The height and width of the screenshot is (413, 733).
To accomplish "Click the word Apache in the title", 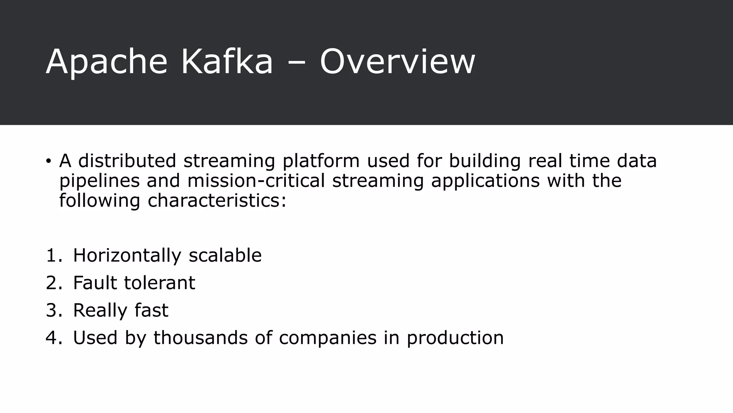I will pos(107,62).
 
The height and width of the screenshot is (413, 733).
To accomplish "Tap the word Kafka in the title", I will pos(227,62).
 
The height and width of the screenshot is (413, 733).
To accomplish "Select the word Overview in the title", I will pos(397,62).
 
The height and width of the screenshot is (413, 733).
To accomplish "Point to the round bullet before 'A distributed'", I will pos(48,161).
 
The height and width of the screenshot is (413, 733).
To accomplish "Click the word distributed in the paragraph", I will pos(127,161).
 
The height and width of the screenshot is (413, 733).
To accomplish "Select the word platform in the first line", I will pos(321,161).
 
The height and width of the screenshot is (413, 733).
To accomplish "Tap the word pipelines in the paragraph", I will pos(99,181).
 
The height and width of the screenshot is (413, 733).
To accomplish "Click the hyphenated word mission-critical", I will pos(256,180).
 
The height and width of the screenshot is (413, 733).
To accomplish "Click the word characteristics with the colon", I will pos(217,200).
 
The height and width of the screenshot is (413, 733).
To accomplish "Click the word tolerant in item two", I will pos(159,283).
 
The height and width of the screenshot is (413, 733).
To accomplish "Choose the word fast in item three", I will pos(151,310).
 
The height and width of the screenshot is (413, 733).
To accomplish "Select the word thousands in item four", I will pos(200,338).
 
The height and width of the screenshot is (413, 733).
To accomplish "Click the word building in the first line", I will pos(485,161).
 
